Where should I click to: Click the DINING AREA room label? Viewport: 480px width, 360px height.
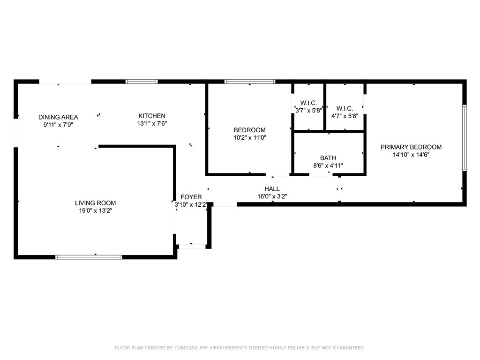[x=58, y=117]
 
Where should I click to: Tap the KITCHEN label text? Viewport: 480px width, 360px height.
[x=151, y=116]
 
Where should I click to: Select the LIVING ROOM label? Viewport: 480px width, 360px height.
[x=95, y=203]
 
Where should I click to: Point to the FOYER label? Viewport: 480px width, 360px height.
[x=191, y=197]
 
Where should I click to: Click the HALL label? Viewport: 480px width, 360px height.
[x=272, y=189]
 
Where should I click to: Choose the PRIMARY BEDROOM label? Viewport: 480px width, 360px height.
[x=411, y=147]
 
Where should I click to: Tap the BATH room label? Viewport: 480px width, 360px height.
[x=328, y=158]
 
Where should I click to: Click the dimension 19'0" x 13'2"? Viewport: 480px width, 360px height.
[x=95, y=211]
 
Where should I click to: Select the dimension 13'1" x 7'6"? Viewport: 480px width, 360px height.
[x=151, y=124]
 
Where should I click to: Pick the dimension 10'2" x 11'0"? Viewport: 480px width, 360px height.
[x=250, y=138]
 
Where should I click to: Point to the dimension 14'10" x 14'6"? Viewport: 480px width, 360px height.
[x=411, y=155]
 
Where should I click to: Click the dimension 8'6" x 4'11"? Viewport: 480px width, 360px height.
[x=328, y=165]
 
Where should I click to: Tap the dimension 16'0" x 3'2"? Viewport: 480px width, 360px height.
[x=272, y=197]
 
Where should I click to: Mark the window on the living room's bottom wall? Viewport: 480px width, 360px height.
[x=89, y=257]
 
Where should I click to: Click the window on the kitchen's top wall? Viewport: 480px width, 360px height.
[x=142, y=82]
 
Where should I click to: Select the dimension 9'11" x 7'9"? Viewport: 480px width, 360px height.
[x=58, y=125]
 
